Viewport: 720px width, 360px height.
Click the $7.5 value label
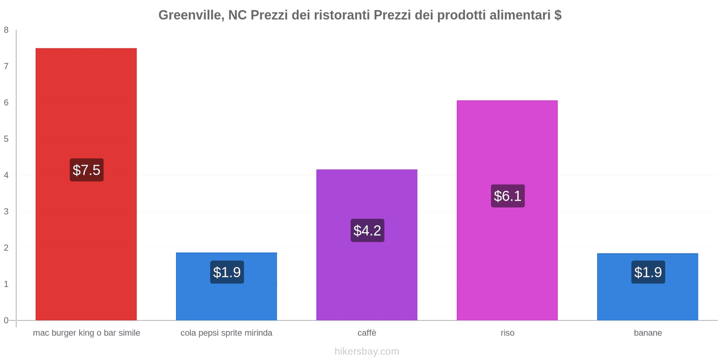pos(86,170)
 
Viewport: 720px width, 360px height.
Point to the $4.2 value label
pos(367,230)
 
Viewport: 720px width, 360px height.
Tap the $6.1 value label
pos(508,196)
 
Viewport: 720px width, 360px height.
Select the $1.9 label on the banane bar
pos(648,272)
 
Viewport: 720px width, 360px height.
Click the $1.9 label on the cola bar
pos(227,272)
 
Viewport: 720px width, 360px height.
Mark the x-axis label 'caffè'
pos(367,333)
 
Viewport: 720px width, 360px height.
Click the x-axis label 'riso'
pos(507,333)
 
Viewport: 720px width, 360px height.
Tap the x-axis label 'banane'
pos(648,333)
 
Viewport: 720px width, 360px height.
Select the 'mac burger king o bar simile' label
pos(86,333)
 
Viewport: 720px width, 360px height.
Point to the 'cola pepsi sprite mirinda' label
pos(226,333)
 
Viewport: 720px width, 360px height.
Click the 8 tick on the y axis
pos(6,30)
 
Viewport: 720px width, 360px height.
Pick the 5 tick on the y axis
pos(6,139)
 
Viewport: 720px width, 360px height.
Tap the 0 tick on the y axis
pos(6,320)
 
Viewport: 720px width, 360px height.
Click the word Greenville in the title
pos(191,15)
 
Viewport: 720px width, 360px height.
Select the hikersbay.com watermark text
pos(367,351)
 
